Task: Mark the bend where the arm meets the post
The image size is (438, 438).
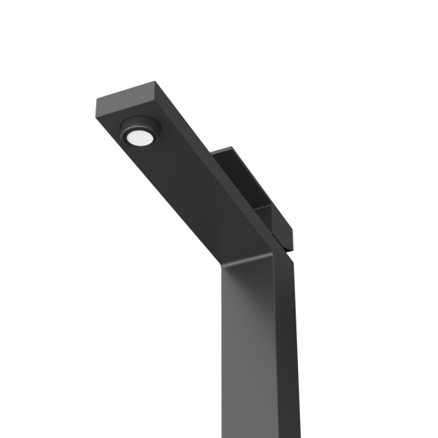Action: (x=274, y=252)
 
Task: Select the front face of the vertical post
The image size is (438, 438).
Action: (x=248, y=343)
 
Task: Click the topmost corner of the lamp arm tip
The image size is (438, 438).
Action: (x=156, y=82)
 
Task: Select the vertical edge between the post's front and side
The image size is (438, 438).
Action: (x=277, y=343)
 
